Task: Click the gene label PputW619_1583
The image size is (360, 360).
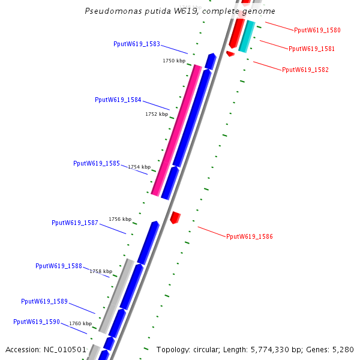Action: click(137, 44)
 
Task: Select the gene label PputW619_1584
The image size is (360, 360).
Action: click(118, 100)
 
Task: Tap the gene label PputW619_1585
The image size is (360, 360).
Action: click(97, 163)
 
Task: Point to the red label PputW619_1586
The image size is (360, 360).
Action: click(250, 236)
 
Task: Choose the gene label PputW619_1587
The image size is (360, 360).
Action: click(75, 223)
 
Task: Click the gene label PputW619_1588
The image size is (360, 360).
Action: click(59, 266)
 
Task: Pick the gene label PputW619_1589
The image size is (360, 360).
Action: click(44, 301)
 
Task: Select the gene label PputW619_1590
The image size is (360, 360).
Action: click(37, 322)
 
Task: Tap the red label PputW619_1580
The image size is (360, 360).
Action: click(317, 30)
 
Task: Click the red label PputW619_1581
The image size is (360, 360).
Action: click(312, 49)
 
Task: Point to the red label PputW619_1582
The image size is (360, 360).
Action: click(305, 70)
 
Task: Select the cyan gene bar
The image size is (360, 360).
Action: click(247, 37)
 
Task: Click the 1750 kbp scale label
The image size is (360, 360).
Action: click(174, 61)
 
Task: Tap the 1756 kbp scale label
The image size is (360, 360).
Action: click(119, 219)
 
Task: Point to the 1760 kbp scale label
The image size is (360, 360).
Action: click(80, 323)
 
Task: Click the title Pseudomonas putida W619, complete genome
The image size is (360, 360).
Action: click(180, 11)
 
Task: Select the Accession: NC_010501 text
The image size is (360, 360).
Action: click(46, 349)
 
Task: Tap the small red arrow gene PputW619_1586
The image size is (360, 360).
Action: click(175, 217)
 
